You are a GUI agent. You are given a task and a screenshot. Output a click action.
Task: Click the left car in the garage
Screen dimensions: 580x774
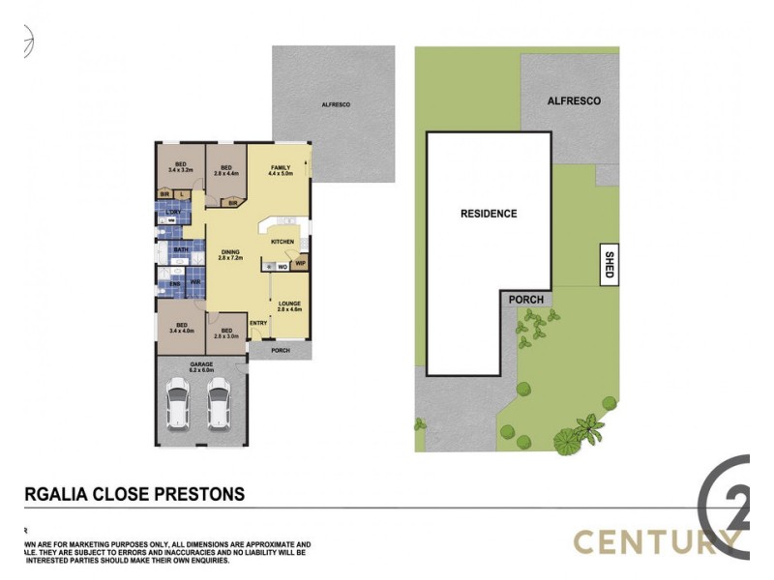178,404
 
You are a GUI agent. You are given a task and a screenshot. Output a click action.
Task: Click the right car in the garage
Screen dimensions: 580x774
220,404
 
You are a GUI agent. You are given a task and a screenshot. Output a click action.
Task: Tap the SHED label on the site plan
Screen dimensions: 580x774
609,265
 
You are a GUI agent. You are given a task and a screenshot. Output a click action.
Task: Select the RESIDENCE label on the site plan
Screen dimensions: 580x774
489,214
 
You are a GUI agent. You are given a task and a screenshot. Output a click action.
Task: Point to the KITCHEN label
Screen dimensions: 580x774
282,241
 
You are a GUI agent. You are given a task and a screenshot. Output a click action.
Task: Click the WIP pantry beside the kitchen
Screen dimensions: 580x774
301,262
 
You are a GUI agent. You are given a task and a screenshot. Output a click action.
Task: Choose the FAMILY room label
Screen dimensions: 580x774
281,170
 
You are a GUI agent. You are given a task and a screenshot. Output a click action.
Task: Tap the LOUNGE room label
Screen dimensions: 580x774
290,305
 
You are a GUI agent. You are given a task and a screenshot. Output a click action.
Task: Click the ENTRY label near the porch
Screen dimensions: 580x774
258,323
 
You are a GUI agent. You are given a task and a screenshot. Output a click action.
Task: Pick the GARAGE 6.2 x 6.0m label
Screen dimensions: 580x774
202,366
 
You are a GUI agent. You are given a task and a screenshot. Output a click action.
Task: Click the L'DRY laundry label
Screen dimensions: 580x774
173,212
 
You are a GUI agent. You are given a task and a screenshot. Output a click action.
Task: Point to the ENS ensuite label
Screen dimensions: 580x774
174,282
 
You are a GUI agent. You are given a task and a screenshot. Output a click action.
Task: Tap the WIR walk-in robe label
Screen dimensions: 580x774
194,282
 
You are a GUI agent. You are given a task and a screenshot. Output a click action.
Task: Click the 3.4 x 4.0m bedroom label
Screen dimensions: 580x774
180,328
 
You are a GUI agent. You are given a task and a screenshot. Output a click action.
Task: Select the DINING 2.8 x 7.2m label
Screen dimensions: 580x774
229,255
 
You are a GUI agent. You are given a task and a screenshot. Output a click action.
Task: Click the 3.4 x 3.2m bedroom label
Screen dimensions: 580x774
180,166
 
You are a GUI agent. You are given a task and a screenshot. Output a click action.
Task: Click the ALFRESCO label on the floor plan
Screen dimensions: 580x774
336,103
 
